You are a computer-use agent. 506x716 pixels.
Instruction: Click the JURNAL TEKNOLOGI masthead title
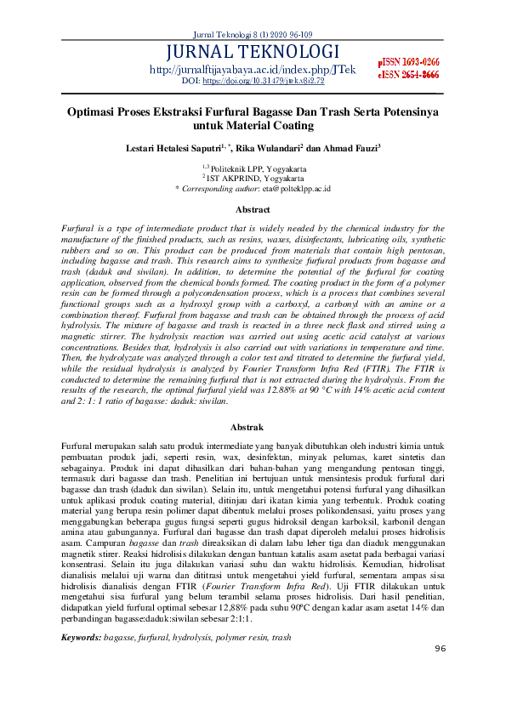(x=253, y=52)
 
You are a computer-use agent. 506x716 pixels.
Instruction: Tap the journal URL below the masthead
(x=252, y=69)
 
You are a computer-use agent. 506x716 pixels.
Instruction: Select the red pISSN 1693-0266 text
(x=408, y=63)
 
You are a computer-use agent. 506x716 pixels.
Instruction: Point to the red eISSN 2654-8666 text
(x=408, y=75)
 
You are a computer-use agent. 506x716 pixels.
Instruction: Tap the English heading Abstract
(x=253, y=209)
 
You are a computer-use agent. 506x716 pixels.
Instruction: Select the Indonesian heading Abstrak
(x=253, y=427)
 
